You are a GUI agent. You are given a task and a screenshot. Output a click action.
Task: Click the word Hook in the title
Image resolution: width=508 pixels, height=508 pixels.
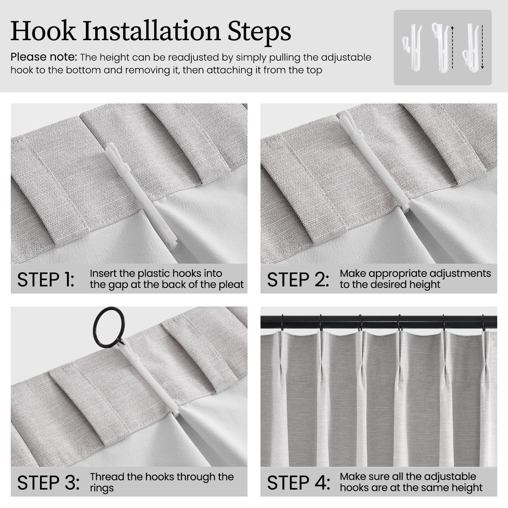pos(43,31)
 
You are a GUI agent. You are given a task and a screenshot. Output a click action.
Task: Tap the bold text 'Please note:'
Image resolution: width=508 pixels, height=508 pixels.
pos(44,57)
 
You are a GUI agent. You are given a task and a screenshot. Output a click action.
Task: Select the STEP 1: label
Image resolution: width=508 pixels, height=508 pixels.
pos(46,280)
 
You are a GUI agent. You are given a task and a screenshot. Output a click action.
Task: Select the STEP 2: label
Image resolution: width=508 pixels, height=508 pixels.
pos(298,280)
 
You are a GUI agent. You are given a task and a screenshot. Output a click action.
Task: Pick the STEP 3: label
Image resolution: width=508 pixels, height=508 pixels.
pos(48,483)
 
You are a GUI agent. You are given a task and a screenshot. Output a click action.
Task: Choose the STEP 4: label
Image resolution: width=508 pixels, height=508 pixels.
pos(299,483)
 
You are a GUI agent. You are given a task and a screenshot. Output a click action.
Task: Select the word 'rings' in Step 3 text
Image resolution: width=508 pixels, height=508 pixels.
pos(102,488)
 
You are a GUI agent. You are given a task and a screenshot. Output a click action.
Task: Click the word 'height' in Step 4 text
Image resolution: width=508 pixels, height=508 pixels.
pos(466,488)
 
